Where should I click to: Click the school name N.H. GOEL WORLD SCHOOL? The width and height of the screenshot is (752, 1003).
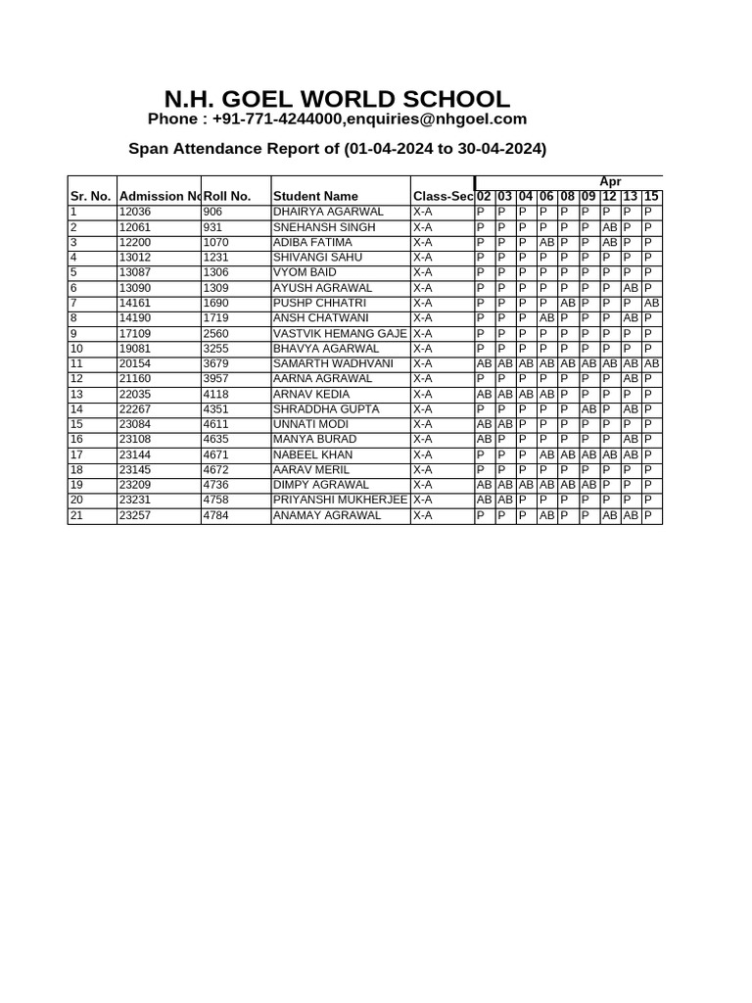pos(337,99)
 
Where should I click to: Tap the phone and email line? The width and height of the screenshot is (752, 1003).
pos(337,119)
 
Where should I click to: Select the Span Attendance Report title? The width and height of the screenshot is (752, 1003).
pos(337,149)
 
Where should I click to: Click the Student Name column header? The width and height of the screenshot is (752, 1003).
pos(315,196)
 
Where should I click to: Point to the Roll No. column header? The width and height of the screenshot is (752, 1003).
pos(227,196)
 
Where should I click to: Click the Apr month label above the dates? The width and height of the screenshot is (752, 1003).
pos(610,182)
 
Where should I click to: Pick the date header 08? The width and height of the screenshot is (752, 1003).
pos(567,196)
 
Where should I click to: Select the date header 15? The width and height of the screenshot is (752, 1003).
pos(651,196)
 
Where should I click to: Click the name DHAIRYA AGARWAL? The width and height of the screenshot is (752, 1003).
pos(328,212)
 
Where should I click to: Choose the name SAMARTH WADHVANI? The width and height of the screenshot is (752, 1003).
pos(333,363)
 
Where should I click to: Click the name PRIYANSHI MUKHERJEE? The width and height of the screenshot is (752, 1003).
pos(340,500)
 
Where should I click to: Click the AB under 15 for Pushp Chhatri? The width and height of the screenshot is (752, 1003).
pos(652,304)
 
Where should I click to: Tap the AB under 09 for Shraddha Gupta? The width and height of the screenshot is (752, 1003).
pos(588,409)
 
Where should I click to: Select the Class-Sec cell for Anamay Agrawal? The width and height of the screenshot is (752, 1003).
pos(423,515)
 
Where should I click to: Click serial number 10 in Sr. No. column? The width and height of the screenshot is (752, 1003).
pos(77,349)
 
